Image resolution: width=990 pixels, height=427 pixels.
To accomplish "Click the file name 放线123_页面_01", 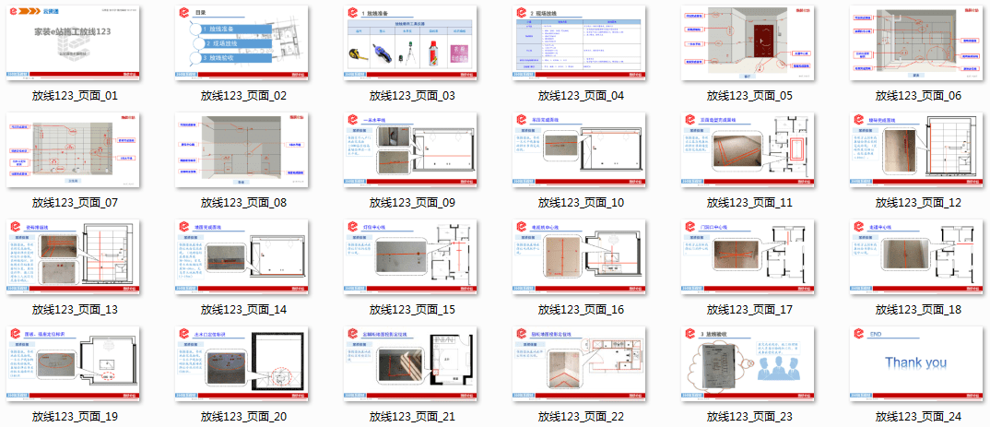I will pyautogui.click(x=75, y=95).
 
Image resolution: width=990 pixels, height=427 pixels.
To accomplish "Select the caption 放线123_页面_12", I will pyautogui.click(x=918, y=202).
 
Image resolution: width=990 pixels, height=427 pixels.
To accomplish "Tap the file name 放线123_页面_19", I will pyautogui.click(x=75, y=417).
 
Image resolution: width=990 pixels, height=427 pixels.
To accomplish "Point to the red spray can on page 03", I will pyautogui.click(x=432, y=53).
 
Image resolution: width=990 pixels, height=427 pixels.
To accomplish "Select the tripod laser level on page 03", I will pyautogui.click(x=407, y=53).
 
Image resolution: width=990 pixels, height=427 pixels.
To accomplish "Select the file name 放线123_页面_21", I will pyautogui.click(x=412, y=417).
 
